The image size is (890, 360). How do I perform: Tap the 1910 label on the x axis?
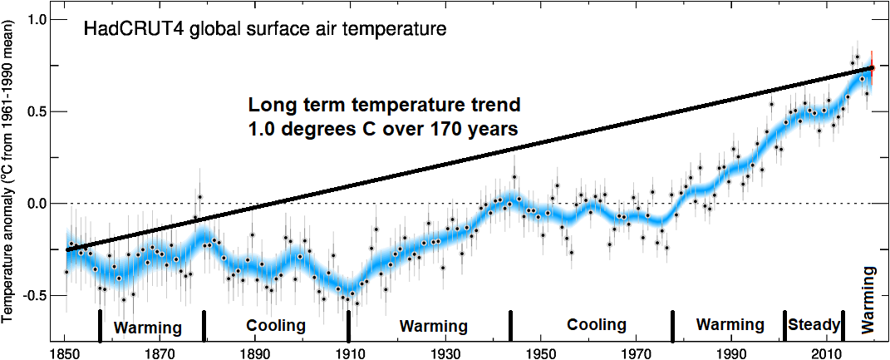[349, 352]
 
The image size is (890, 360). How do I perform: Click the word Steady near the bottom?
[814, 324]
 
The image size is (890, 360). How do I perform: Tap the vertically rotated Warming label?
[869, 299]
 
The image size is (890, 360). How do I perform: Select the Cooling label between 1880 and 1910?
[276, 325]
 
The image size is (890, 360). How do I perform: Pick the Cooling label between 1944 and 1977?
[596, 325]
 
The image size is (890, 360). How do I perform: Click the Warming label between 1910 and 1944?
[433, 325]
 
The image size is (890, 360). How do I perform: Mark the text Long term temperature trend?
[385, 106]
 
